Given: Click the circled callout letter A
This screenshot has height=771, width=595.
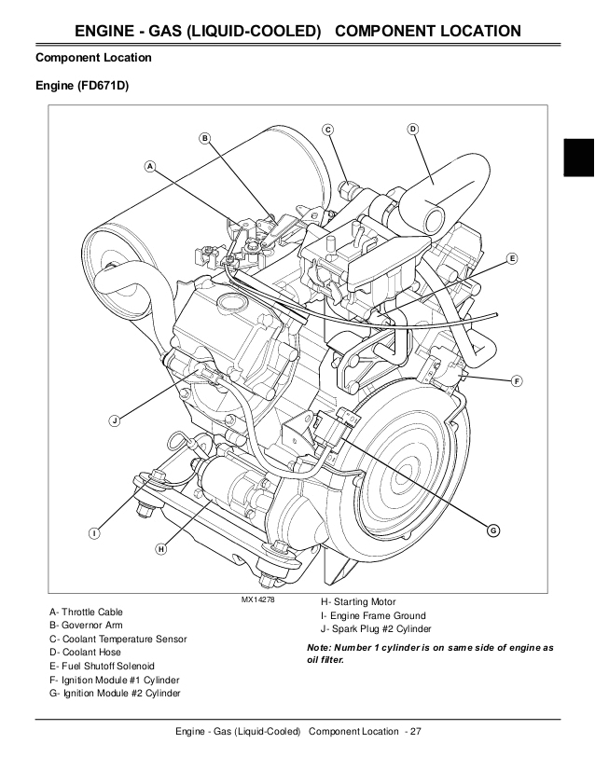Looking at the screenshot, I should tap(149, 166).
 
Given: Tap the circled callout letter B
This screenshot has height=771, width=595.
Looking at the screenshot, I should tap(205, 138).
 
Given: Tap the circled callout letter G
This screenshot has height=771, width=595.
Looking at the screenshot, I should tap(493, 530).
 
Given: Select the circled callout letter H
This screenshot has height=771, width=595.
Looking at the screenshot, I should tap(160, 549).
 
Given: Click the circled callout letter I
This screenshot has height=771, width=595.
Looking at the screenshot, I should tap(94, 532).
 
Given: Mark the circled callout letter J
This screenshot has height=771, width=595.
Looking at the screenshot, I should tap(114, 420).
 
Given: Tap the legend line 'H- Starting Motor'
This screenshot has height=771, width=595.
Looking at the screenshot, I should tap(358, 602).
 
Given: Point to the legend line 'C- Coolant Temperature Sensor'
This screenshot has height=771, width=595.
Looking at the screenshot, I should tap(118, 640).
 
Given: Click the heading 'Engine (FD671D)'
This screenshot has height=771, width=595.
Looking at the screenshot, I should tap(82, 86).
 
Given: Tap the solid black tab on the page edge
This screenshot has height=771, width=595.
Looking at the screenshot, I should tap(578, 155).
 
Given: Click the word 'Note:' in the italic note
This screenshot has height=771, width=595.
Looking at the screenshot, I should tap(322, 647).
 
